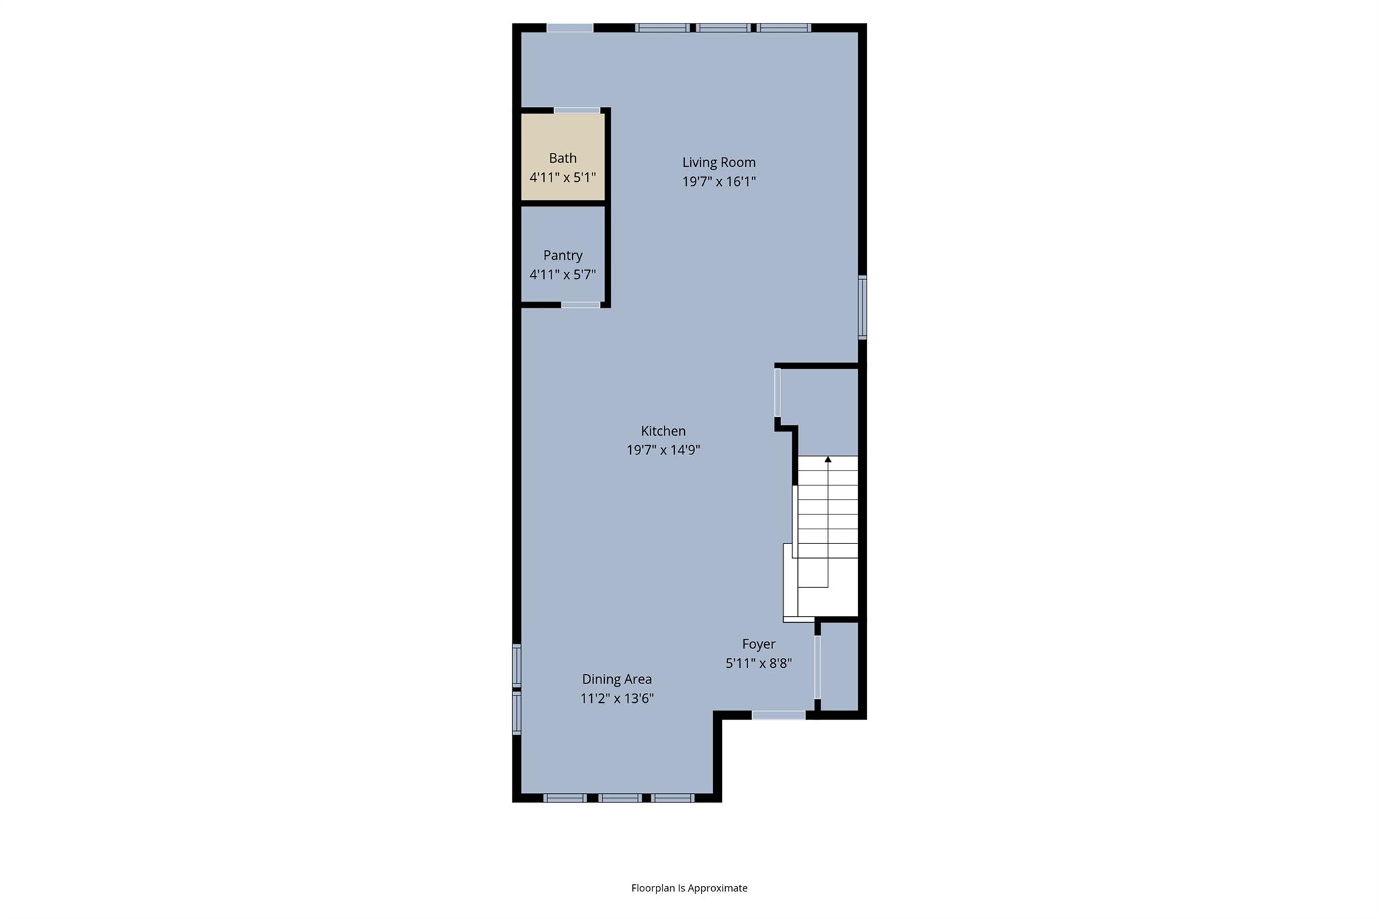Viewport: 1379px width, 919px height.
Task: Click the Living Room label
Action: (x=718, y=162)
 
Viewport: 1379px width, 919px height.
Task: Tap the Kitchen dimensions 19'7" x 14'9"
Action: (x=663, y=450)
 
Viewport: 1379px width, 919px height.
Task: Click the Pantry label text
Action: (x=563, y=255)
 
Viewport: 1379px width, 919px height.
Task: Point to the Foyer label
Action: (x=759, y=644)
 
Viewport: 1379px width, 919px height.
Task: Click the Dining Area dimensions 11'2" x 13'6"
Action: (x=617, y=699)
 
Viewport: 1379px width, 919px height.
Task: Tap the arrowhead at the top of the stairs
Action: (x=828, y=459)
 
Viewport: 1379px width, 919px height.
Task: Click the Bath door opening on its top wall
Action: (x=577, y=110)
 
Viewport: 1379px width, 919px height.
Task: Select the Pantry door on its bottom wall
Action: (x=580, y=305)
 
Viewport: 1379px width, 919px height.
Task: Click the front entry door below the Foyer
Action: (x=778, y=715)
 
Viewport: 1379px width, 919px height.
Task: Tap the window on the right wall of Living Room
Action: (x=862, y=307)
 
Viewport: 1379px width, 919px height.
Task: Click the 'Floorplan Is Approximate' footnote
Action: (x=689, y=888)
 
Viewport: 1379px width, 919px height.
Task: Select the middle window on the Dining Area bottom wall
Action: (x=619, y=798)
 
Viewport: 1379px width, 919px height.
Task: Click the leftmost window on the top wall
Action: (x=570, y=28)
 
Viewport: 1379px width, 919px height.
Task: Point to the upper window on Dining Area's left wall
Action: (x=517, y=665)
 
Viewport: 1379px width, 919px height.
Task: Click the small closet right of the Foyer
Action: (x=839, y=667)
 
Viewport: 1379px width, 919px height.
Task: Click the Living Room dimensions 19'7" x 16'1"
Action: (x=718, y=182)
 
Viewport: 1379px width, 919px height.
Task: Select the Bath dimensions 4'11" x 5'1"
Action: (x=563, y=178)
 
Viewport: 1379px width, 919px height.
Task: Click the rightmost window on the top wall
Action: (x=783, y=28)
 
